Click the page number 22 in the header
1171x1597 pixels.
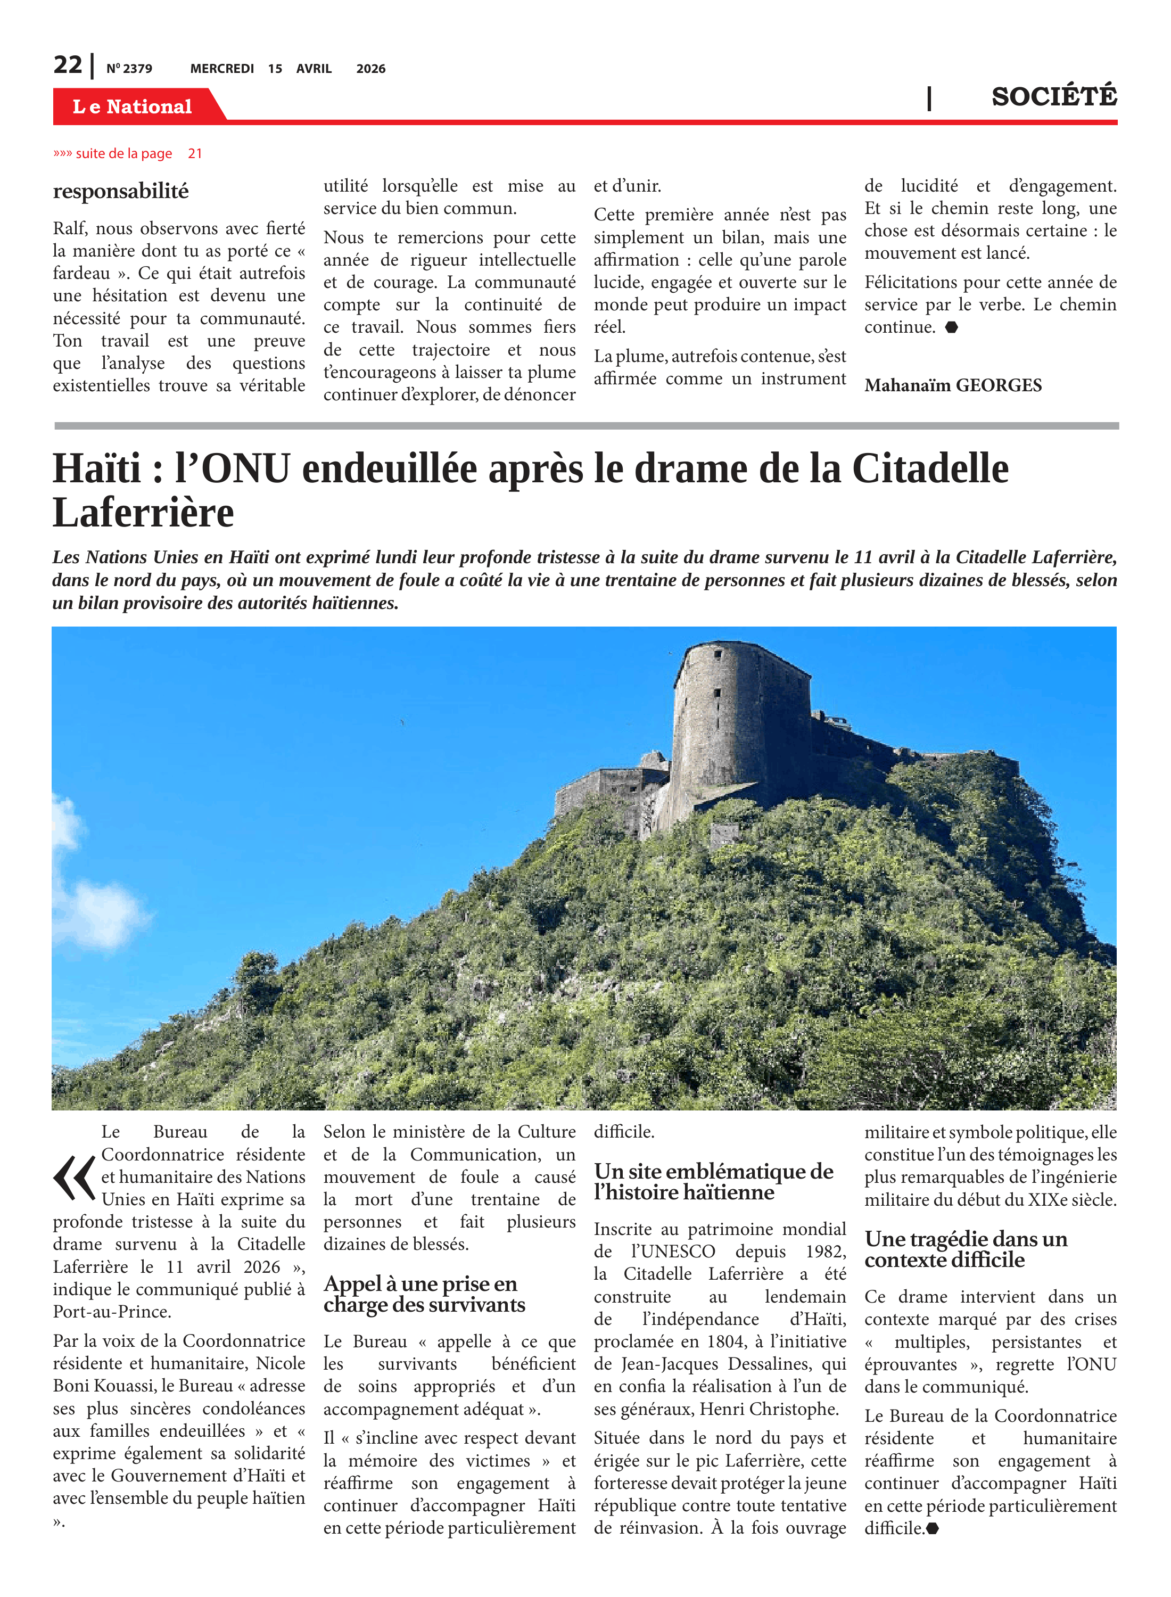(68, 65)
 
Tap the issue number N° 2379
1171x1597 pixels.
(129, 69)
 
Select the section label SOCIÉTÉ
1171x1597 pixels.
(1053, 96)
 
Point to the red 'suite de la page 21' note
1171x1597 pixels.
(128, 154)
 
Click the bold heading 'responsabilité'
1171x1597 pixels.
(120, 192)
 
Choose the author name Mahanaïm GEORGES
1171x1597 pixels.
(953, 385)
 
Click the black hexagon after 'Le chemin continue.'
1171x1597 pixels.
(952, 327)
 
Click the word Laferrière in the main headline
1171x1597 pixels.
(143, 513)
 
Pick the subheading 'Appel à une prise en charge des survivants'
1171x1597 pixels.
(424, 1294)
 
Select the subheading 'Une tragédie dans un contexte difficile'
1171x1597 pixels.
(966, 1249)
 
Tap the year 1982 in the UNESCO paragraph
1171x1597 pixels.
(825, 1252)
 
